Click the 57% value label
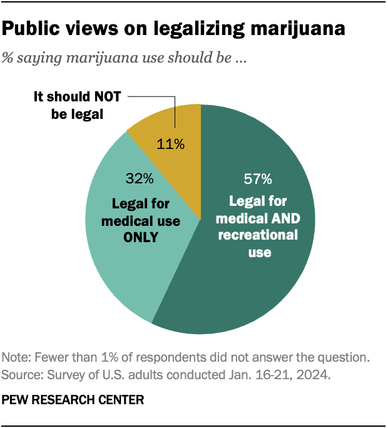(258, 180)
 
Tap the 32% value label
(139, 180)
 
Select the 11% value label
(171, 145)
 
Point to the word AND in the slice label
(285, 218)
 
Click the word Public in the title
(33, 29)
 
